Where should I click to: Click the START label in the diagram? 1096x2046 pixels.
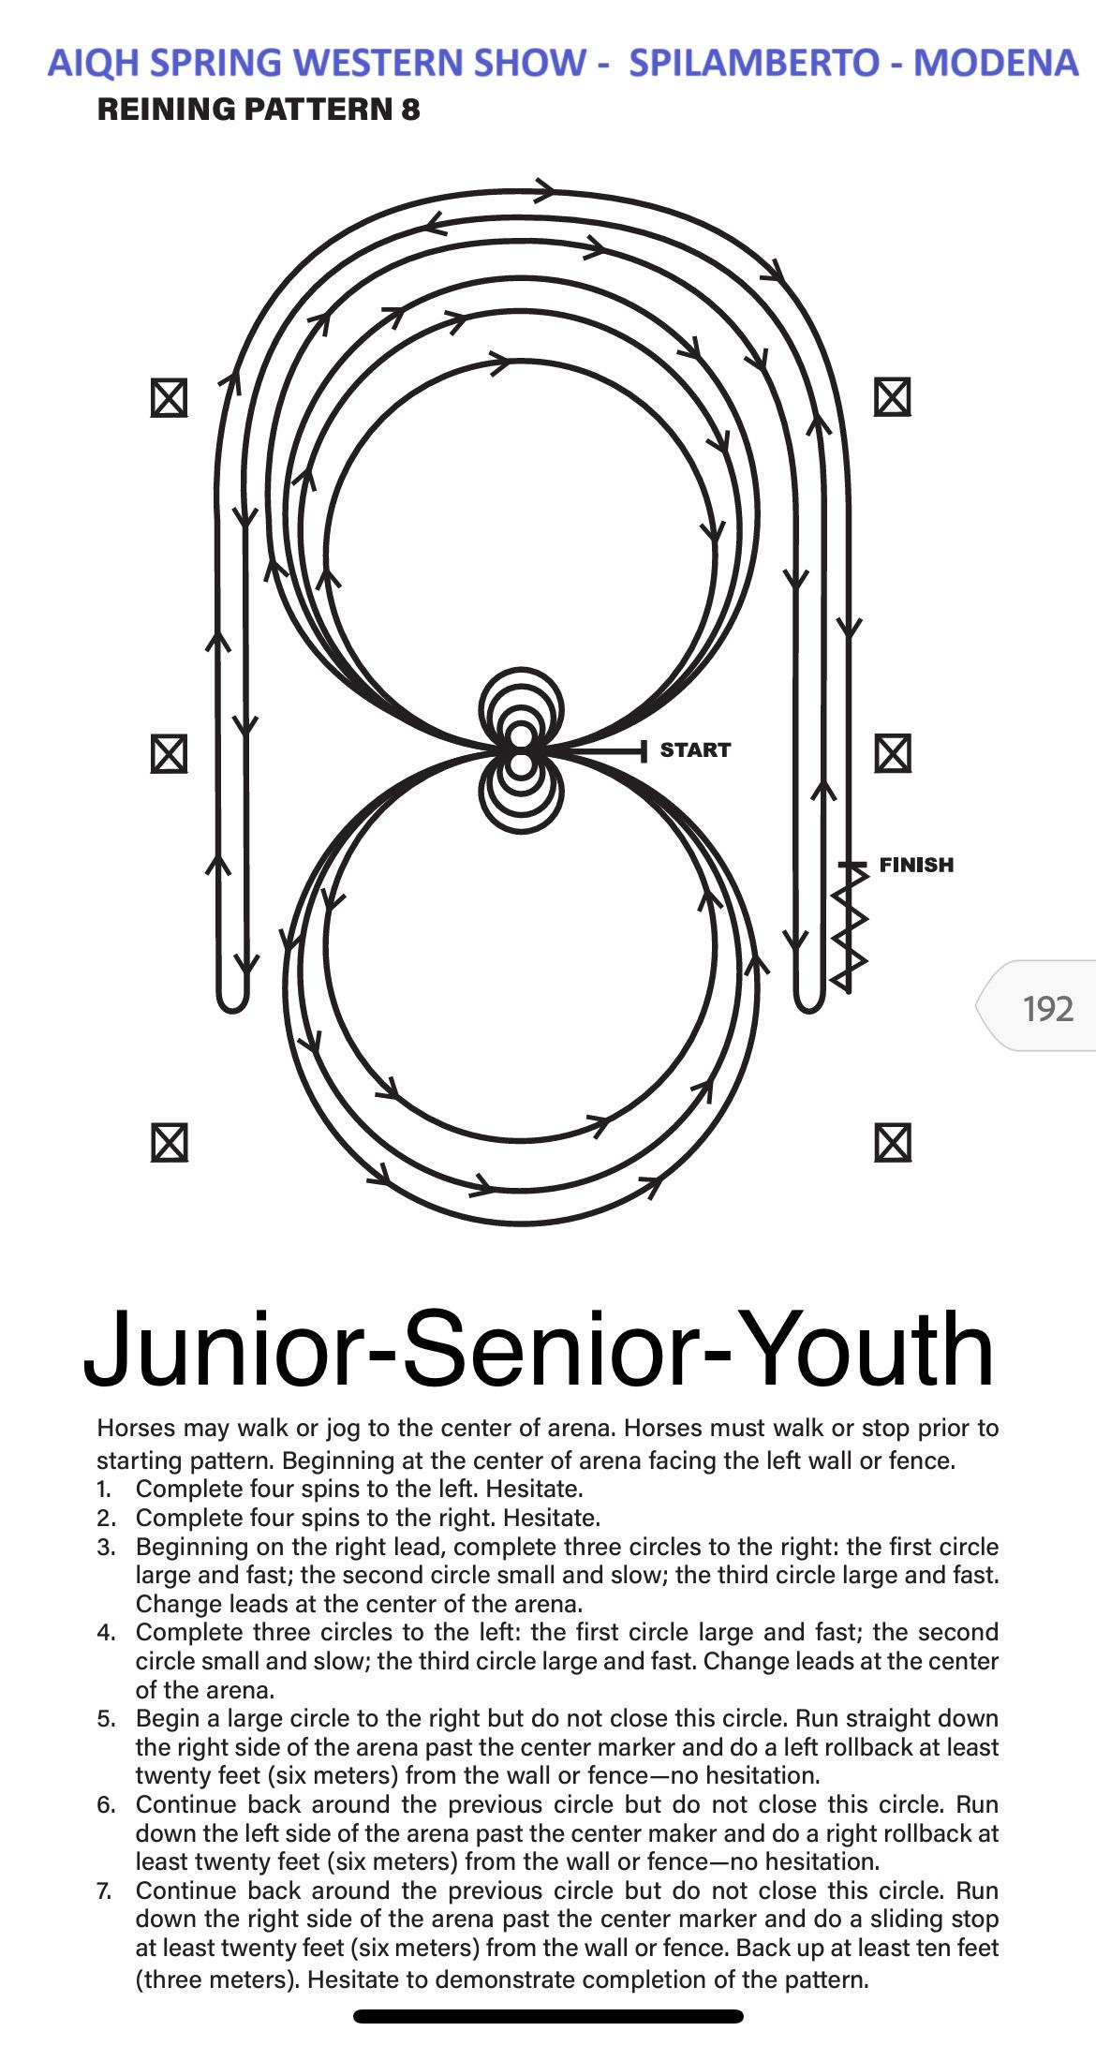[x=695, y=749]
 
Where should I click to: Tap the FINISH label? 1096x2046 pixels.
[x=916, y=865]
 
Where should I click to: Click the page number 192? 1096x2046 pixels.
[x=1048, y=1008]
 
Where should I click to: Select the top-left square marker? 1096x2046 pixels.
[x=169, y=398]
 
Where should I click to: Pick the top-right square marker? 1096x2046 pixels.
[x=893, y=397]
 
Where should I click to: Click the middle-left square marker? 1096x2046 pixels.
[x=169, y=753]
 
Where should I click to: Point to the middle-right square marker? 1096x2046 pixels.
[x=893, y=753]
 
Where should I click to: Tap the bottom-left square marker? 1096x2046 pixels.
[x=169, y=1143]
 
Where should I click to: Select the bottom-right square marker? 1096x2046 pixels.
[x=893, y=1143]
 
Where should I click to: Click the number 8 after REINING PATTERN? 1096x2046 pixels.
[x=410, y=110]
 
